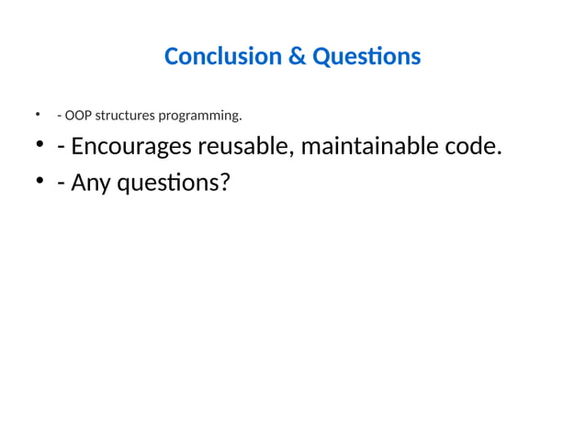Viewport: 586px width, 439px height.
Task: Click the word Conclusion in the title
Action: coord(223,57)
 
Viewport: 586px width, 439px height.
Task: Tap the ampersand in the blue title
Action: coord(298,57)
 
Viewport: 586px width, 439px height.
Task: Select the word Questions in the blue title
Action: coord(366,57)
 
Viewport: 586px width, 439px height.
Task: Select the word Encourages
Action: coord(130,148)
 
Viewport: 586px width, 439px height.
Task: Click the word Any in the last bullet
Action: coord(90,184)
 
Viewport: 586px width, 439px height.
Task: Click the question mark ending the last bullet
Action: coord(223,183)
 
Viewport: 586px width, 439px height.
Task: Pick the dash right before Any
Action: coord(61,185)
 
